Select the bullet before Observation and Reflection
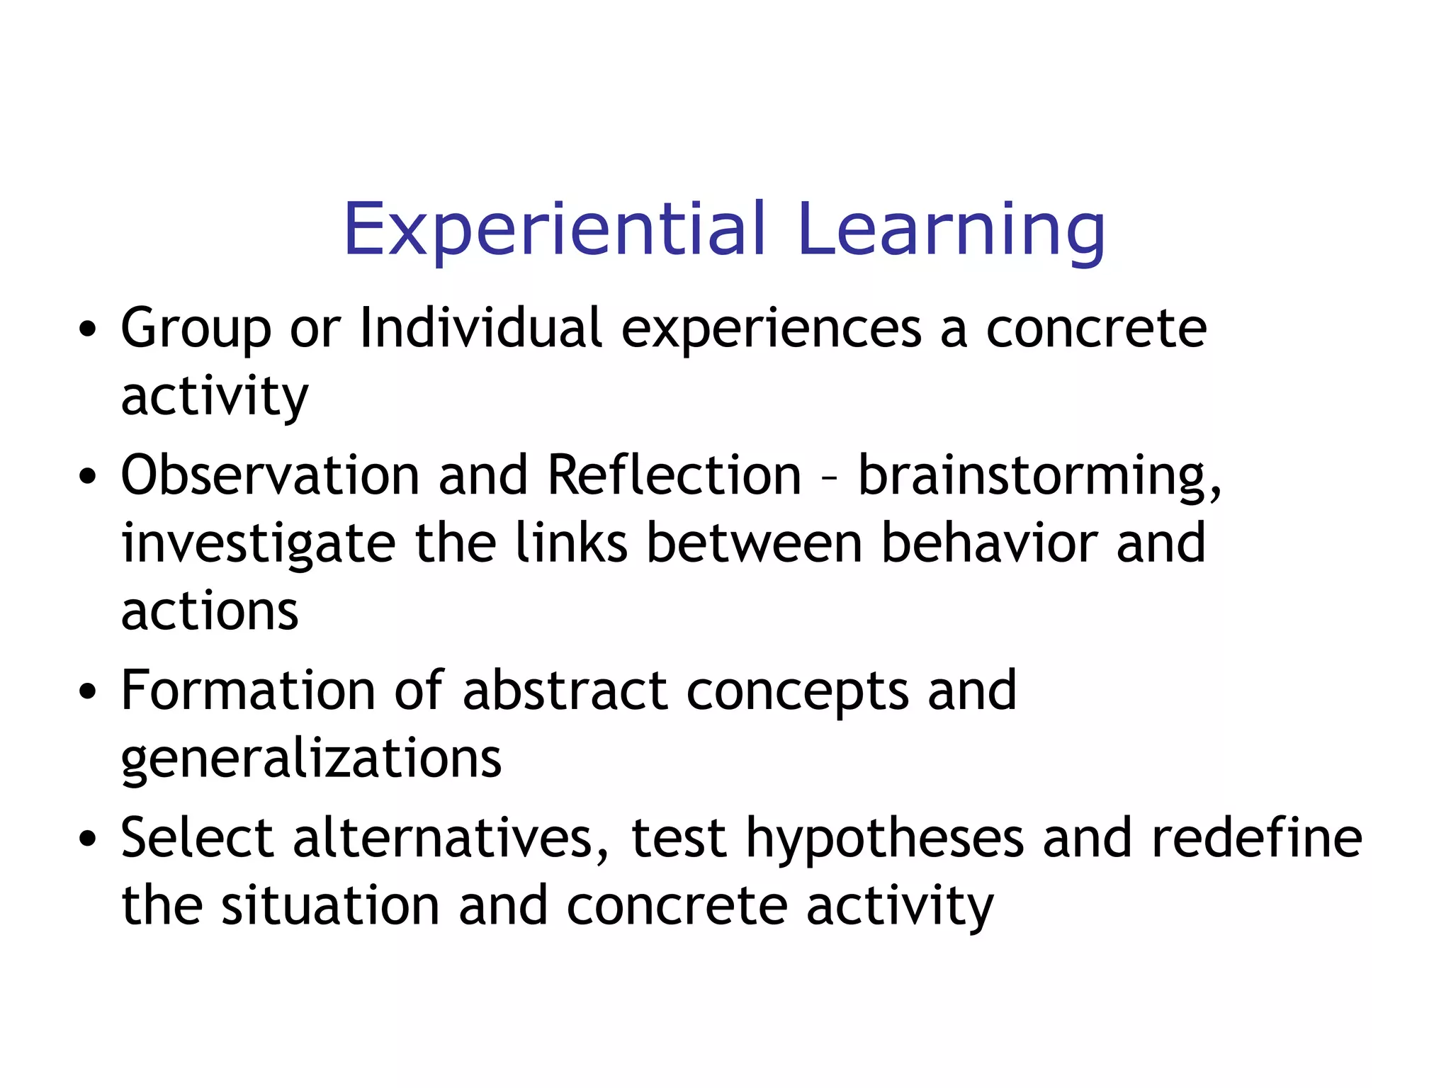tap(87, 477)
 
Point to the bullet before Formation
tap(87, 692)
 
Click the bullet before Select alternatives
tap(87, 839)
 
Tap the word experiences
tap(772, 329)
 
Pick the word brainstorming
tap(1039, 476)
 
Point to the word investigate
tap(259, 544)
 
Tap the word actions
tap(210, 611)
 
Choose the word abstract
tap(565, 691)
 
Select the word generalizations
tap(311, 759)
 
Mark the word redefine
tap(1256, 837)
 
